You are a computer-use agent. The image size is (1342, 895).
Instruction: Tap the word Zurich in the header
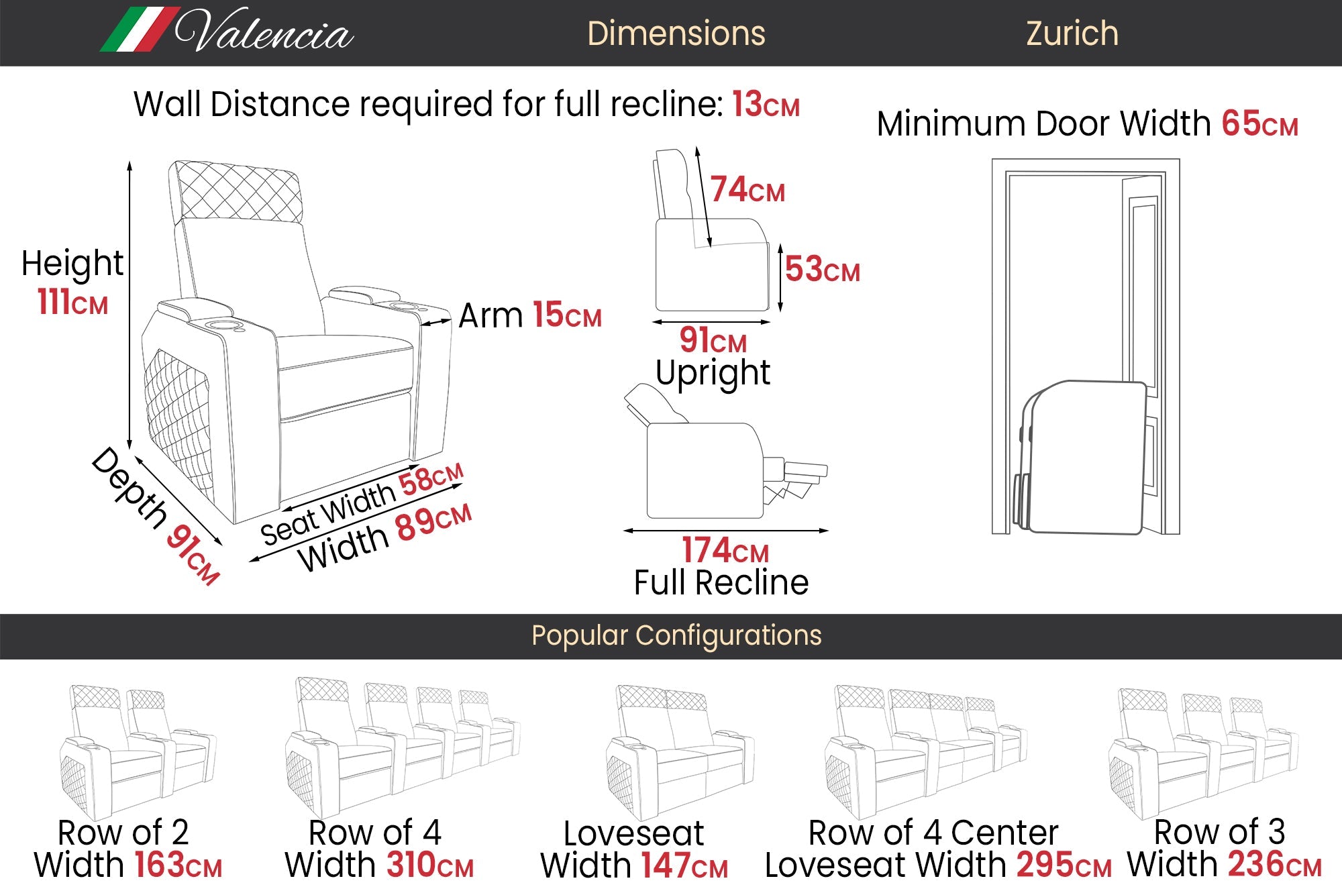(1072, 34)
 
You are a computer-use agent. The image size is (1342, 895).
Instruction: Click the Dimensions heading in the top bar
(676, 34)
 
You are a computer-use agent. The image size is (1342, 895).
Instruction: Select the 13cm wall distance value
(766, 105)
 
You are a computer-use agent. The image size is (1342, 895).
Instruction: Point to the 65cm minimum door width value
(1259, 124)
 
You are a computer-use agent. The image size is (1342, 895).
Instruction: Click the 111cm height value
(72, 302)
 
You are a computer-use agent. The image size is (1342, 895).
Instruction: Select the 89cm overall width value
(433, 522)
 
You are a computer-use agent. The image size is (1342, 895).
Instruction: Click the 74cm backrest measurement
(747, 190)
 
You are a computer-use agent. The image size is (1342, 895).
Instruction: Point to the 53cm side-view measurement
(822, 270)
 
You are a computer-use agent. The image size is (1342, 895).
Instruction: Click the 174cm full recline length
(725, 550)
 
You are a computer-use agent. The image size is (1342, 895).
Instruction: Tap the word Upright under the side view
(713, 373)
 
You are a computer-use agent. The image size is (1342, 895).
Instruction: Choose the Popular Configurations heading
(676, 635)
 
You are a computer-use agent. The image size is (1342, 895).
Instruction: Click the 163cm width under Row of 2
(178, 865)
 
